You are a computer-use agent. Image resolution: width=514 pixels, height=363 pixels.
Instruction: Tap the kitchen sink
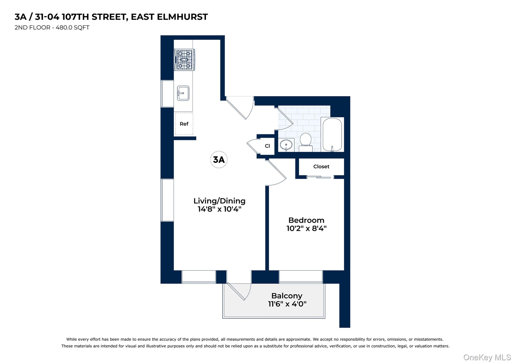point(183,93)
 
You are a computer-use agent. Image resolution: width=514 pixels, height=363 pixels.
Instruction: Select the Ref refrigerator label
point(184,124)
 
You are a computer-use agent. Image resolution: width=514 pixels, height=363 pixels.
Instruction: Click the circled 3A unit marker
point(219,159)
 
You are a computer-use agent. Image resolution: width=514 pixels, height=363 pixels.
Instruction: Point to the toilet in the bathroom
point(305,142)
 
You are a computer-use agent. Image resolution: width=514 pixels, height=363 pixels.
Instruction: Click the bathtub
point(332,135)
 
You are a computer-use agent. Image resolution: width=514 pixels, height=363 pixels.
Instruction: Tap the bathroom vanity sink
point(286,145)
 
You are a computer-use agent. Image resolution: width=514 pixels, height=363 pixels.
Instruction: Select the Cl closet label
point(267,146)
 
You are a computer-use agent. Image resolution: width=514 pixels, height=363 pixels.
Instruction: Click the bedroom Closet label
point(321,166)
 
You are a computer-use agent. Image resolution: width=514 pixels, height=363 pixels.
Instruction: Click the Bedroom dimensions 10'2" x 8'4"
point(306,228)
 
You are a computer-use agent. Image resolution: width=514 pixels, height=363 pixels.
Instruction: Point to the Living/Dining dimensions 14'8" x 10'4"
point(219,209)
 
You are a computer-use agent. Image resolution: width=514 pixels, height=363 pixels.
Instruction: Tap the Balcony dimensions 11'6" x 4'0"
point(287,304)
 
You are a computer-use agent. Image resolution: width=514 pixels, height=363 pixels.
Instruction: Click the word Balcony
point(287,296)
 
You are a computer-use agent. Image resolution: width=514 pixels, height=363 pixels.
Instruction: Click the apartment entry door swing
point(240,108)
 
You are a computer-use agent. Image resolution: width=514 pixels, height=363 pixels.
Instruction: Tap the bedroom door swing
point(276,173)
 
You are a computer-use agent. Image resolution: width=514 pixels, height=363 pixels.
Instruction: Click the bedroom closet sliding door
point(320,177)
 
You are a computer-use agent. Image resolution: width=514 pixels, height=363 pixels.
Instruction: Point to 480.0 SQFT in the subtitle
point(73,28)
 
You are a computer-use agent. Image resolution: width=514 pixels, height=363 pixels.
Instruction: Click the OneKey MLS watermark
point(487,357)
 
